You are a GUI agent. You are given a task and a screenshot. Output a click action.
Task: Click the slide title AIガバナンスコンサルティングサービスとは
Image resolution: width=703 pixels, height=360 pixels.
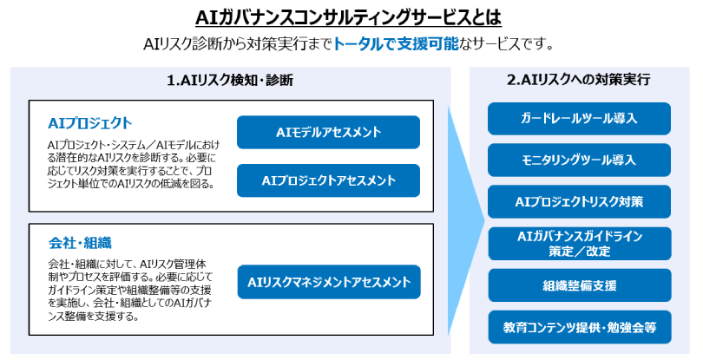click(x=349, y=17)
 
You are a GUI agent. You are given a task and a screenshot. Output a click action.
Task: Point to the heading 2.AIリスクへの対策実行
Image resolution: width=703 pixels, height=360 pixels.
click(x=579, y=80)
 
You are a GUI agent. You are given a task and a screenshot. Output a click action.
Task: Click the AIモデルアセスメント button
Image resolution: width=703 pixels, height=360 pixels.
click(x=328, y=133)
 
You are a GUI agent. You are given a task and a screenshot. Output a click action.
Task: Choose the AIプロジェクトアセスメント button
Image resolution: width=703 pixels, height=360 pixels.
click(x=328, y=180)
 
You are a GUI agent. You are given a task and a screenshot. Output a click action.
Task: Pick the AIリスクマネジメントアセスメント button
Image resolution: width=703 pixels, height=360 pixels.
click(x=328, y=282)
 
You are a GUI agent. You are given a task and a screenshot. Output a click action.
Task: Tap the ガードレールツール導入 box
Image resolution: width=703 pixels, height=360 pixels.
click(x=579, y=118)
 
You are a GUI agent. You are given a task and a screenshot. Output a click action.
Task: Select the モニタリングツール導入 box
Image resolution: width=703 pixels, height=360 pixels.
click(x=579, y=160)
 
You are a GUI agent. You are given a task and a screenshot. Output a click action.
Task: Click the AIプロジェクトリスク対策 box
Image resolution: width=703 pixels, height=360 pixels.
click(x=579, y=201)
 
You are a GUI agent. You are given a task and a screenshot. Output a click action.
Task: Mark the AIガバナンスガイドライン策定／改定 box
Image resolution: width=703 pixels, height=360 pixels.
click(x=579, y=244)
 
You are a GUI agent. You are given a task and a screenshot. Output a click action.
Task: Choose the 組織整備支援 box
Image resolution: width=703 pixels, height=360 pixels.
click(x=579, y=285)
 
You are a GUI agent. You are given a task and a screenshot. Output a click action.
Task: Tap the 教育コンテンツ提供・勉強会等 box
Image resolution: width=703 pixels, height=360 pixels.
click(x=579, y=327)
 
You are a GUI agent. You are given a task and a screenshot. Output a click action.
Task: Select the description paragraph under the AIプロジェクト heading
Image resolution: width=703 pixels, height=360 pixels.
click(x=130, y=165)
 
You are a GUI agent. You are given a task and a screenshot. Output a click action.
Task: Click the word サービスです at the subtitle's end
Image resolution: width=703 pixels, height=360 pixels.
click(x=510, y=44)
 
